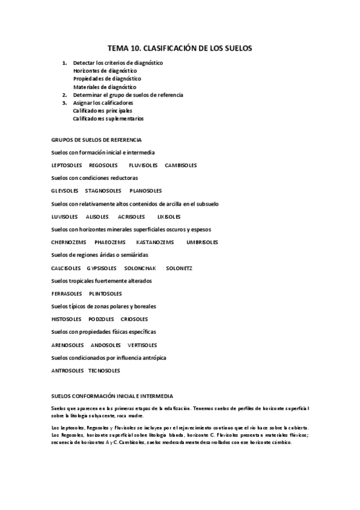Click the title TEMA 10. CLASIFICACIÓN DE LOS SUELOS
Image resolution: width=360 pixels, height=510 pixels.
pos(180,47)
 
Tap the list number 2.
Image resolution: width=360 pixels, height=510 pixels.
pos(64,95)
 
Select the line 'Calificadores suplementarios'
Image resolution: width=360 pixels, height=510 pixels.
pos(108,118)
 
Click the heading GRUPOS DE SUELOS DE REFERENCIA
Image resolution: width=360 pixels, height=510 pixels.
pos(96,140)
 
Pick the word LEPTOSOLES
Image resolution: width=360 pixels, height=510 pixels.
pos(66,165)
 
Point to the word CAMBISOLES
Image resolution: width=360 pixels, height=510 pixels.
pos(181,165)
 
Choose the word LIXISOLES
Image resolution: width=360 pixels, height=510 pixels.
pos(169,217)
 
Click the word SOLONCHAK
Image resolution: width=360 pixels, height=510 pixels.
pos(140,268)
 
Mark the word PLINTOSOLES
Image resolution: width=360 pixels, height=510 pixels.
pos(105,293)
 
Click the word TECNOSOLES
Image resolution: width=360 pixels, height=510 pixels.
pos(104,370)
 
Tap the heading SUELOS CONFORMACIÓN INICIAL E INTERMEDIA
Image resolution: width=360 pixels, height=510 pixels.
pos(112,396)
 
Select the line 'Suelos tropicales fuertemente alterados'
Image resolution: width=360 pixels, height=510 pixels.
pos(102,281)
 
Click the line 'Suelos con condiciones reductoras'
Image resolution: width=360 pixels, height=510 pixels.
pos(95,178)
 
